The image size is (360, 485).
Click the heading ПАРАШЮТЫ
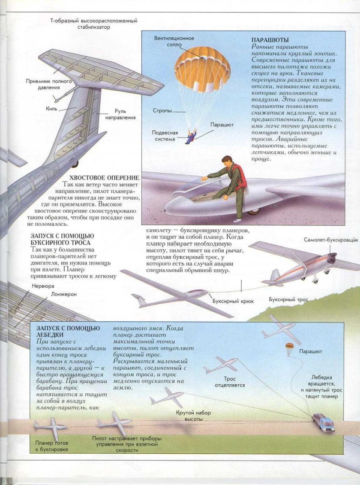[x=270, y=40]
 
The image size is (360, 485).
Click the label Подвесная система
[x=164, y=136]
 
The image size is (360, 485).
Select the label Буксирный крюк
[x=233, y=301]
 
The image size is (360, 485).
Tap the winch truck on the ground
[x=324, y=422]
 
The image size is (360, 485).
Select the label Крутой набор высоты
[x=193, y=416]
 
